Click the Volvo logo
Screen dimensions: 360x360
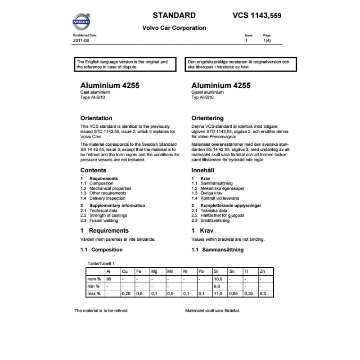pos(81,21)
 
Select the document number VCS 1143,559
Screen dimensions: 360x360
pos(258,15)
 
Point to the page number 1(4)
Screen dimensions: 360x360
pos(267,40)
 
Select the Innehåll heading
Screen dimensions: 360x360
pos(203,171)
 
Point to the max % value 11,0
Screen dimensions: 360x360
pos(217,293)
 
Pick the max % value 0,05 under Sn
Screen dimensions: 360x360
pos(234,293)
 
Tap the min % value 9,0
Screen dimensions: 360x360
pos(216,286)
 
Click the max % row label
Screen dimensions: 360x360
pos(94,293)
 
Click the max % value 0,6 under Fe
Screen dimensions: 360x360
pos(139,293)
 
